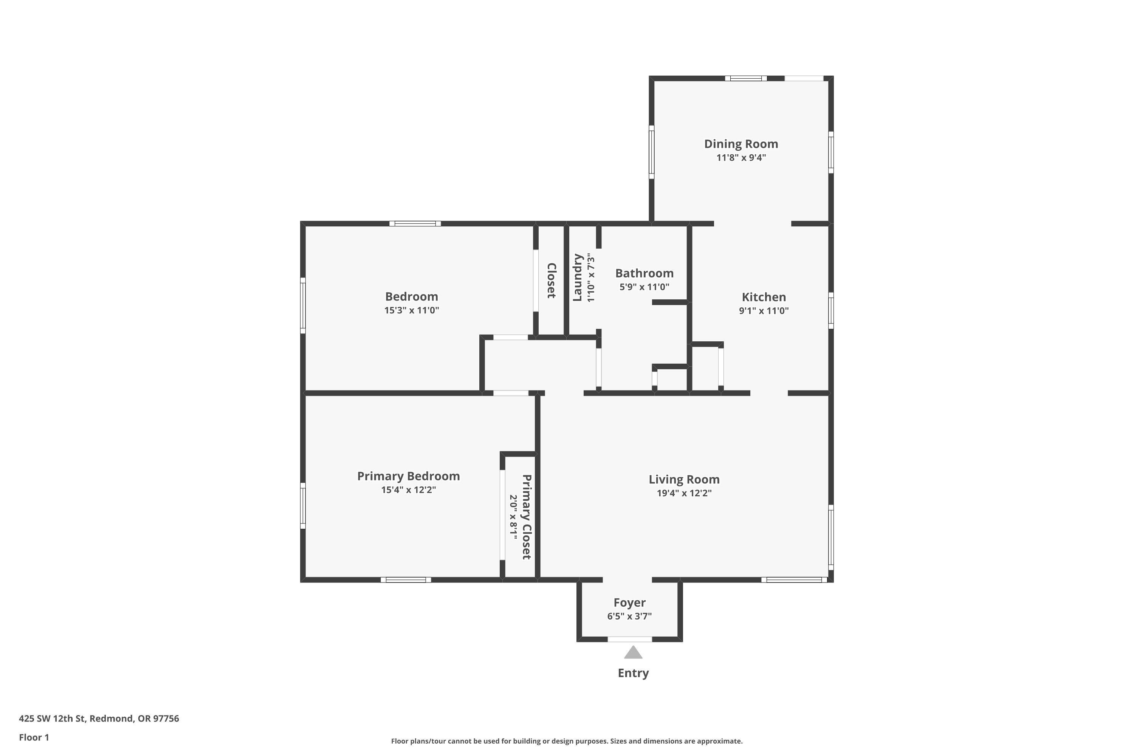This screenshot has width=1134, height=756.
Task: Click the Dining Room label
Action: pos(741,144)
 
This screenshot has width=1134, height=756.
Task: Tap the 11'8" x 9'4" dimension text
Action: pos(741,158)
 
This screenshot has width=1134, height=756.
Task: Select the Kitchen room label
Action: pos(763,297)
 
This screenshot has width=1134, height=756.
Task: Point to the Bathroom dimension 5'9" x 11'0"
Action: pos(644,287)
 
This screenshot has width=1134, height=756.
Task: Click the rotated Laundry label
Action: pos(578,278)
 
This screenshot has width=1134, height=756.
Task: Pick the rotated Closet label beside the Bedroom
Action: pos(552,280)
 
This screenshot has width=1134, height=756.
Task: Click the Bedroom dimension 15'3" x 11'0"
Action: pos(411,310)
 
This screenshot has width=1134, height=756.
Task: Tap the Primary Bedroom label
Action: pos(408,476)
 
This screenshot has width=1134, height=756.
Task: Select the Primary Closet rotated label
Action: pos(527,517)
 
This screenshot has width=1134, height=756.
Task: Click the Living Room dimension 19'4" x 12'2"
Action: pos(684,493)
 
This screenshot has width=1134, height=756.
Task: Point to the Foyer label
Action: pos(629,603)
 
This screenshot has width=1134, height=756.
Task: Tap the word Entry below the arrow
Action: pos(633,673)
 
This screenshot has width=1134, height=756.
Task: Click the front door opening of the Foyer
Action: pos(630,639)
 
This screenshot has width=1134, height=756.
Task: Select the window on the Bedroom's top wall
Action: pos(415,224)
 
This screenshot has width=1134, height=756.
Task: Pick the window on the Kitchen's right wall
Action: pos(831,310)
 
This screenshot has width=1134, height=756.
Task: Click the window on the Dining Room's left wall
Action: pos(651,152)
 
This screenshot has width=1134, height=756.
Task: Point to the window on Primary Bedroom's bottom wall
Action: pos(406,579)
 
